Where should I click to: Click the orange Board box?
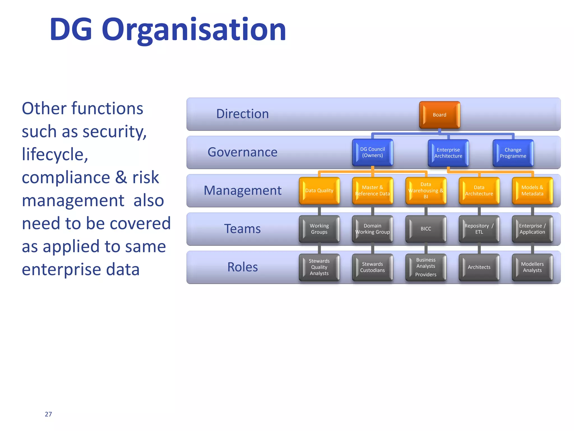click(439, 115)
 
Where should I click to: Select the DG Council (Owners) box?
click(372, 152)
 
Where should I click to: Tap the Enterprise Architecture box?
click(448, 153)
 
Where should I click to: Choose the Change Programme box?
click(513, 153)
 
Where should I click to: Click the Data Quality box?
click(319, 191)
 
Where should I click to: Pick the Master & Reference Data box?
click(372, 191)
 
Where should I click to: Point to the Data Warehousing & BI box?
click(426, 191)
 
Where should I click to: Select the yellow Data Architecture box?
click(479, 191)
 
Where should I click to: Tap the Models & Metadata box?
click(532, 191)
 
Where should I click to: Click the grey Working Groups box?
click(319, 229)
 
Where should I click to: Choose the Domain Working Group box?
click(372, 229)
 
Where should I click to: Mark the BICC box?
click(426, 229)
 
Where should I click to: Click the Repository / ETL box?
click(479, 229)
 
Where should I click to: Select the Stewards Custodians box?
click(372, 267)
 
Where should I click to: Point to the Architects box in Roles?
click(479, 267)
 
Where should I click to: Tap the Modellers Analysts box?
click(532, 267)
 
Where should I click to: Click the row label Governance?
click(242, 152)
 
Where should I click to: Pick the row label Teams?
click(242, 229)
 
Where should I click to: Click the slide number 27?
click(48, 414)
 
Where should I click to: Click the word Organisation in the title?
click(194, 30)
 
